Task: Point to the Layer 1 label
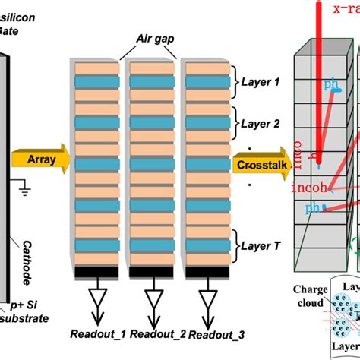tap(261, 81)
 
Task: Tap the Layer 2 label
tap(261, 122)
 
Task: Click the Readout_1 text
tap(96, 333)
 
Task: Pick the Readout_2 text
tap(150, 333)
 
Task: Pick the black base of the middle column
tap(151, 270)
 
